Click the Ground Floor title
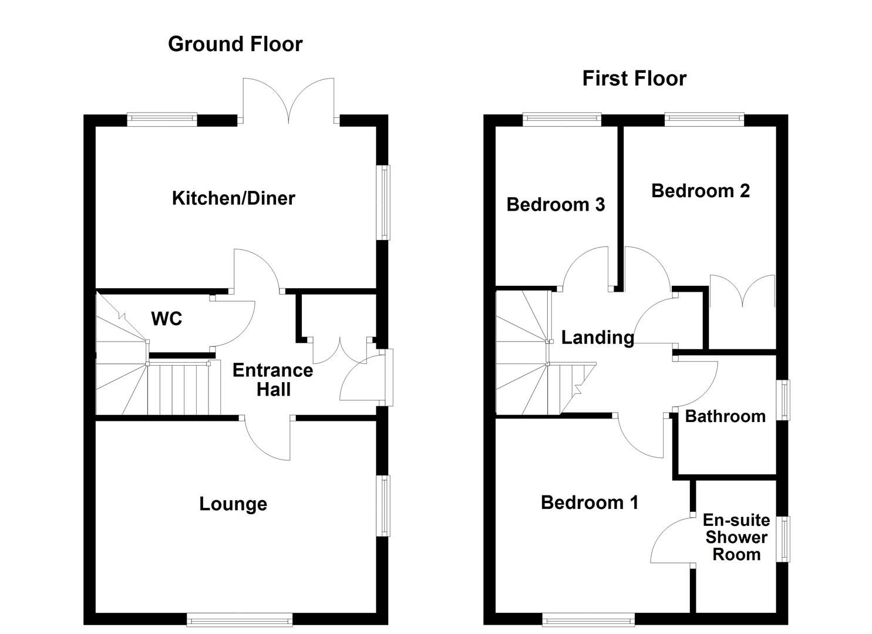[x=235, y=44]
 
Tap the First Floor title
[x=634, y=79]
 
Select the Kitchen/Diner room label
[x=234, y=198]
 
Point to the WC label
[x=167, y=319]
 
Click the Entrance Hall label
[x=273, y=380]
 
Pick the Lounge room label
[x=233, y=504]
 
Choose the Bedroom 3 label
[x=555, y=205]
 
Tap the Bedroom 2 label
[x=701, y=191]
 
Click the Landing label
[x=598, y=338]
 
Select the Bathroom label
[x=725, y=416]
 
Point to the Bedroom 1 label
[x=590, y=503]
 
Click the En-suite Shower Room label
[x=736, y=537]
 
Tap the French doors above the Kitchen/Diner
[x=288, y=100]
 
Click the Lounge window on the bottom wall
[x=240, y=619]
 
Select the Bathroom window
[x=783, y=400]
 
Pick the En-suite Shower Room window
[x=783, y=539]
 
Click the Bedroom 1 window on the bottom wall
[x=588, y=619]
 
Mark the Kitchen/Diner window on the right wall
[x=383, y=203]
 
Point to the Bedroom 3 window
[x=562, y=120]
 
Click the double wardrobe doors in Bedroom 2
[x=742, y=292]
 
